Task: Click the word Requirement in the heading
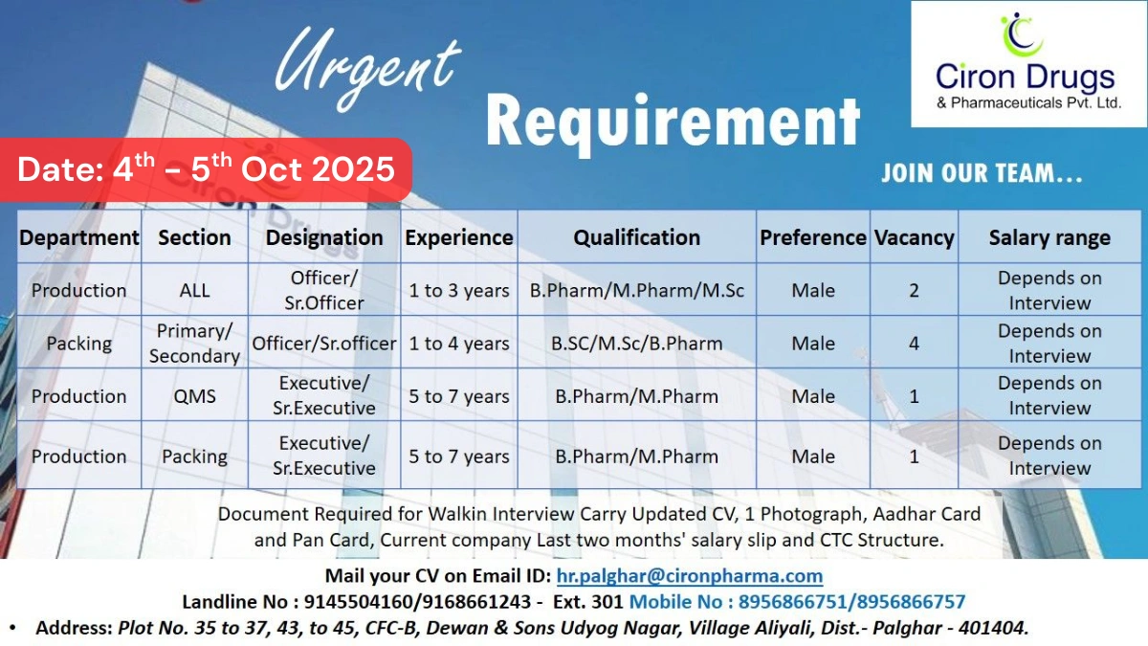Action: [x=673, y=122]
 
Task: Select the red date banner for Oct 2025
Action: [x=207, y=169]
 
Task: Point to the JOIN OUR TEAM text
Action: [x=982, y=174]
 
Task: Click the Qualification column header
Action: [x=637, y=237]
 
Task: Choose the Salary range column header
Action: [x=1049, y=237]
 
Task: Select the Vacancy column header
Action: [x=914, y=237]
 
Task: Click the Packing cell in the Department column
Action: [x=78, y=343]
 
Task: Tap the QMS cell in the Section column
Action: [x=194, y=395]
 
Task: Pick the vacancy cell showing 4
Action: [x=914, y=343]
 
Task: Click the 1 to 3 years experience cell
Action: [x=459, y=290]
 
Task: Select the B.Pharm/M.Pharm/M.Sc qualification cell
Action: [x=637, y=290]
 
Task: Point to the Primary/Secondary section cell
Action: [x=194, y=343]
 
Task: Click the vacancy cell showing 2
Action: [x=914, y=290]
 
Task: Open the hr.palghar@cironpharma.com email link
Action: [x=689, y=575]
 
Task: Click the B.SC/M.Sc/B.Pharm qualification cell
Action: [x=637, y=343]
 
